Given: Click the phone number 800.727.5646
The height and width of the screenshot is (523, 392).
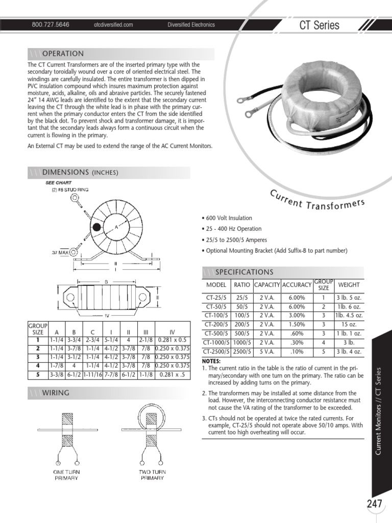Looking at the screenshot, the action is coord(51,25).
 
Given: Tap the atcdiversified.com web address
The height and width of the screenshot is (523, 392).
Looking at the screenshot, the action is coord(113,25).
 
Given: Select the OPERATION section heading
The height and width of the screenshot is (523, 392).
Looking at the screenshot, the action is coord(63,54).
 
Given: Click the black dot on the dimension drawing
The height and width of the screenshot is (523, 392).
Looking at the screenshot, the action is coord(96,227).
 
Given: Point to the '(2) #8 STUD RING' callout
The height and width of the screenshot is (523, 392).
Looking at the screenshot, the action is coord(70,189).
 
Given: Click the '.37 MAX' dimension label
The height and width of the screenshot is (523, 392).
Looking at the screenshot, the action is coord(60,252).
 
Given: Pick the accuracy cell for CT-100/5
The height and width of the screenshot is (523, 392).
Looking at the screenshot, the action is coord(297,315).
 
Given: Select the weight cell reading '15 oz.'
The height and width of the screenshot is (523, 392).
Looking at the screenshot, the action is coord(349,324).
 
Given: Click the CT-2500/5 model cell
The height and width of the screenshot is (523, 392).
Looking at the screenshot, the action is coord(216,351).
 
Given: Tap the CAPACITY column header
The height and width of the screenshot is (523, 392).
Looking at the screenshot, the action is coord(267,285).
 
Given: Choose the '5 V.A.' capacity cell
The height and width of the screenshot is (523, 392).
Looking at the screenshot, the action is coord(266,351).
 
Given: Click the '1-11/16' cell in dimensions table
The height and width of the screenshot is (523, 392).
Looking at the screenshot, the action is coord(93,374).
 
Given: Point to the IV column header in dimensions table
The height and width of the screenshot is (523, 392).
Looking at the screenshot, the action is coord(173,332).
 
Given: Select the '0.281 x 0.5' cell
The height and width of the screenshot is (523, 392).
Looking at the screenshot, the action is coord(173,340).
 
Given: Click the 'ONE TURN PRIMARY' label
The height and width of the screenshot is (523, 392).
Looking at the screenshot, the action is coord(66,475).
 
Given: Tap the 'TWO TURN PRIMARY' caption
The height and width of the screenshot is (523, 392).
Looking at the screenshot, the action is coord(152,475).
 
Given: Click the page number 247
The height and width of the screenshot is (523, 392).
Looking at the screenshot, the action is coord(374,503).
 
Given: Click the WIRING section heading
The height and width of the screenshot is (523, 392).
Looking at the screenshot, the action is coord(56,393).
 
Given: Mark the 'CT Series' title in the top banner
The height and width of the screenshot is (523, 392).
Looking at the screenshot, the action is coord(319,26).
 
